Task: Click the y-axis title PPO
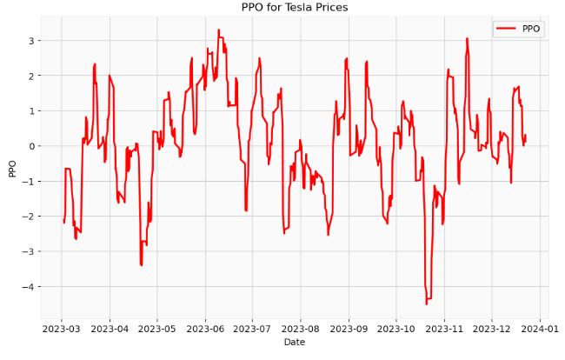pos(11,167)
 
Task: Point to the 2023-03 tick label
pos(62,329)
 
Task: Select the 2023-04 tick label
pos(110,329)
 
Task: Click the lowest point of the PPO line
pos(427,303)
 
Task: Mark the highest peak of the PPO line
pos(218,30)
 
